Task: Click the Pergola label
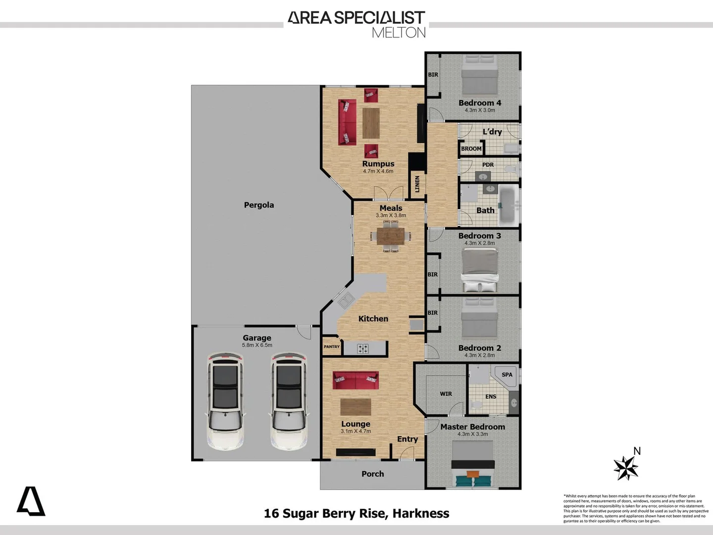258,205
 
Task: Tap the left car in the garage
225,401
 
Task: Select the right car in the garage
289,401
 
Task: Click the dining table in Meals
391,236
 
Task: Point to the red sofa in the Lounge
356,380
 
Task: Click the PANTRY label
332,347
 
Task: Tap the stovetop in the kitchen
363,349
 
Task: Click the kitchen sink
346,300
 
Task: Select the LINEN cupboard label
417,184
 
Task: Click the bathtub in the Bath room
508,205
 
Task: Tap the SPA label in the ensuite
507,374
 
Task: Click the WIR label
446,394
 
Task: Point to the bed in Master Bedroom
473,463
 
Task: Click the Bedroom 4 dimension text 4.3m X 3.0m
479,110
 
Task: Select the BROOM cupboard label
471,149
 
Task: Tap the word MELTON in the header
399,33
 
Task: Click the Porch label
372,474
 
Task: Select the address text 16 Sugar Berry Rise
326,513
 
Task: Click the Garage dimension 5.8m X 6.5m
257,345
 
